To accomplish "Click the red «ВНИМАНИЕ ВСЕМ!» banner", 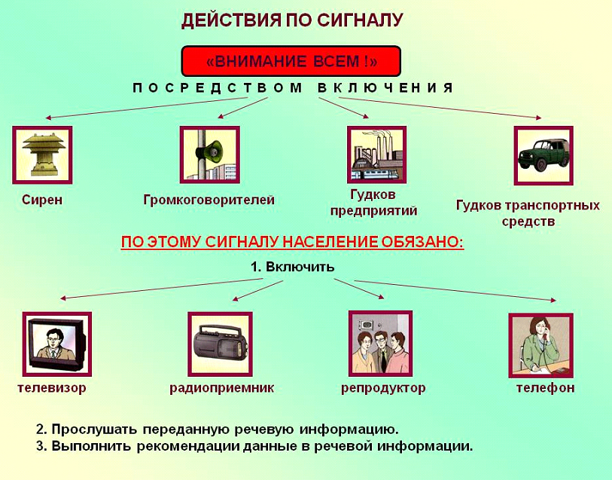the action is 291,61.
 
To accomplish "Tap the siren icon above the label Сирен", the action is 43,154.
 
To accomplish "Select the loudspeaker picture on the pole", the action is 209,154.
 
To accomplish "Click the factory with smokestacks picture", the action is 376,154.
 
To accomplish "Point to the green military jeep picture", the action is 543,155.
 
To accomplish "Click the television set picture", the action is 57,344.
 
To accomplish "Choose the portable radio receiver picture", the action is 220,344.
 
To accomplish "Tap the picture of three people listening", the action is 381,344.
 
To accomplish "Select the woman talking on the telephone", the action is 541,345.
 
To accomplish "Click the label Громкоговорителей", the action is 209,200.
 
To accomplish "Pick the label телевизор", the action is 52,388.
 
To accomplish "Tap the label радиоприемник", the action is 222,388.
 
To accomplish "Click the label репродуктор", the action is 383,388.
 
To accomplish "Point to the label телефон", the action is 545,388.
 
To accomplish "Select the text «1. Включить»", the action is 292,267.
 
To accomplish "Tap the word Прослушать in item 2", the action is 94,430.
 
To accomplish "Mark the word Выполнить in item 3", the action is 91,446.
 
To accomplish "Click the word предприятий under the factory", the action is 373,211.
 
